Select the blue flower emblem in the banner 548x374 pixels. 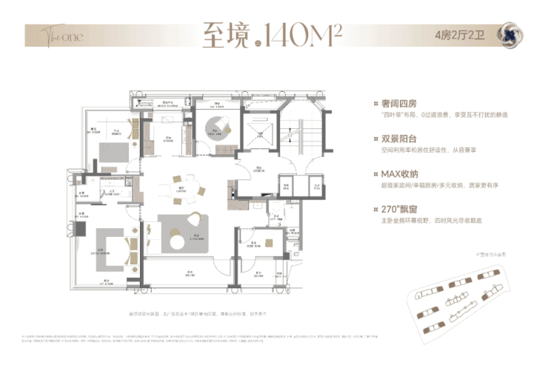click(x=510, y=35)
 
